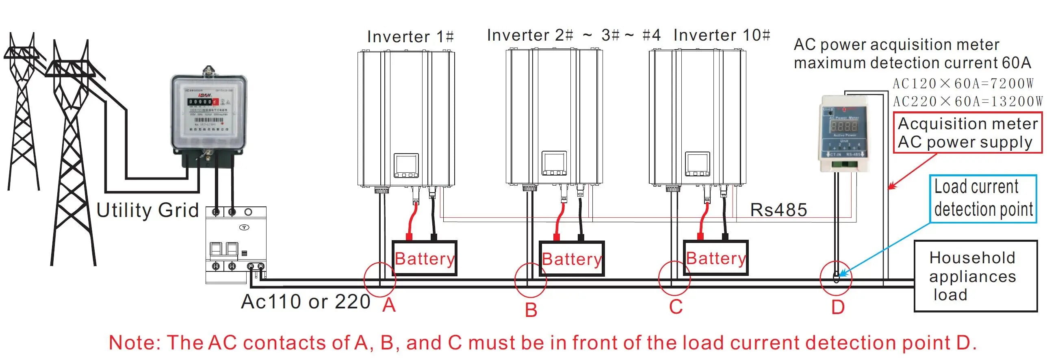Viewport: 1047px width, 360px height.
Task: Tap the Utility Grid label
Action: coord(147,210)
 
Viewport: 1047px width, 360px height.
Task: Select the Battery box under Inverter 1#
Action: coord(424,258)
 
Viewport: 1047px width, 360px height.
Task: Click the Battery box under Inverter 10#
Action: coord(715,258)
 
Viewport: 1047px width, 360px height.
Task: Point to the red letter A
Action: coord(389,305)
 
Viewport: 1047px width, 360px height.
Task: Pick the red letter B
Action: coord(531,310)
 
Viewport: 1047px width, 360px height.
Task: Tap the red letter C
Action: coord(676,307)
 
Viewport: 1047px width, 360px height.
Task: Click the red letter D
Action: coord(838,307)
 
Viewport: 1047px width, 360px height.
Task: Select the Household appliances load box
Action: coord(975,276)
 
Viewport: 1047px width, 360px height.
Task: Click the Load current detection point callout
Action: coord(983,199)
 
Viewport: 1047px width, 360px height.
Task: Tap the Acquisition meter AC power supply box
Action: coord(967,133)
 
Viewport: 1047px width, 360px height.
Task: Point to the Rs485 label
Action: coord(778,210)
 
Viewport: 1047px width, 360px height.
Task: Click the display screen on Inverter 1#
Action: coord(406,165)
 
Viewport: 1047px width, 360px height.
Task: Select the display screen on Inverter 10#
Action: coord(698,164)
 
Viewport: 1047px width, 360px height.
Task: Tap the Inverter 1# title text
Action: coord(410,37)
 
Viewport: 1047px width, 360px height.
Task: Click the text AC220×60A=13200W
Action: coord(967,102)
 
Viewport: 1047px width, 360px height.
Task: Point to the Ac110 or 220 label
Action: coord(306,302)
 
